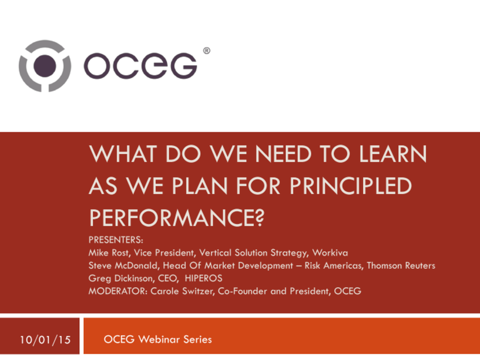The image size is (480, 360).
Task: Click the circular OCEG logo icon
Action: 45,65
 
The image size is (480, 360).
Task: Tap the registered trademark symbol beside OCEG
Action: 206,51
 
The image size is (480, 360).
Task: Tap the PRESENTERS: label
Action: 116,239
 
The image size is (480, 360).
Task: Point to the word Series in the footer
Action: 198,339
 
